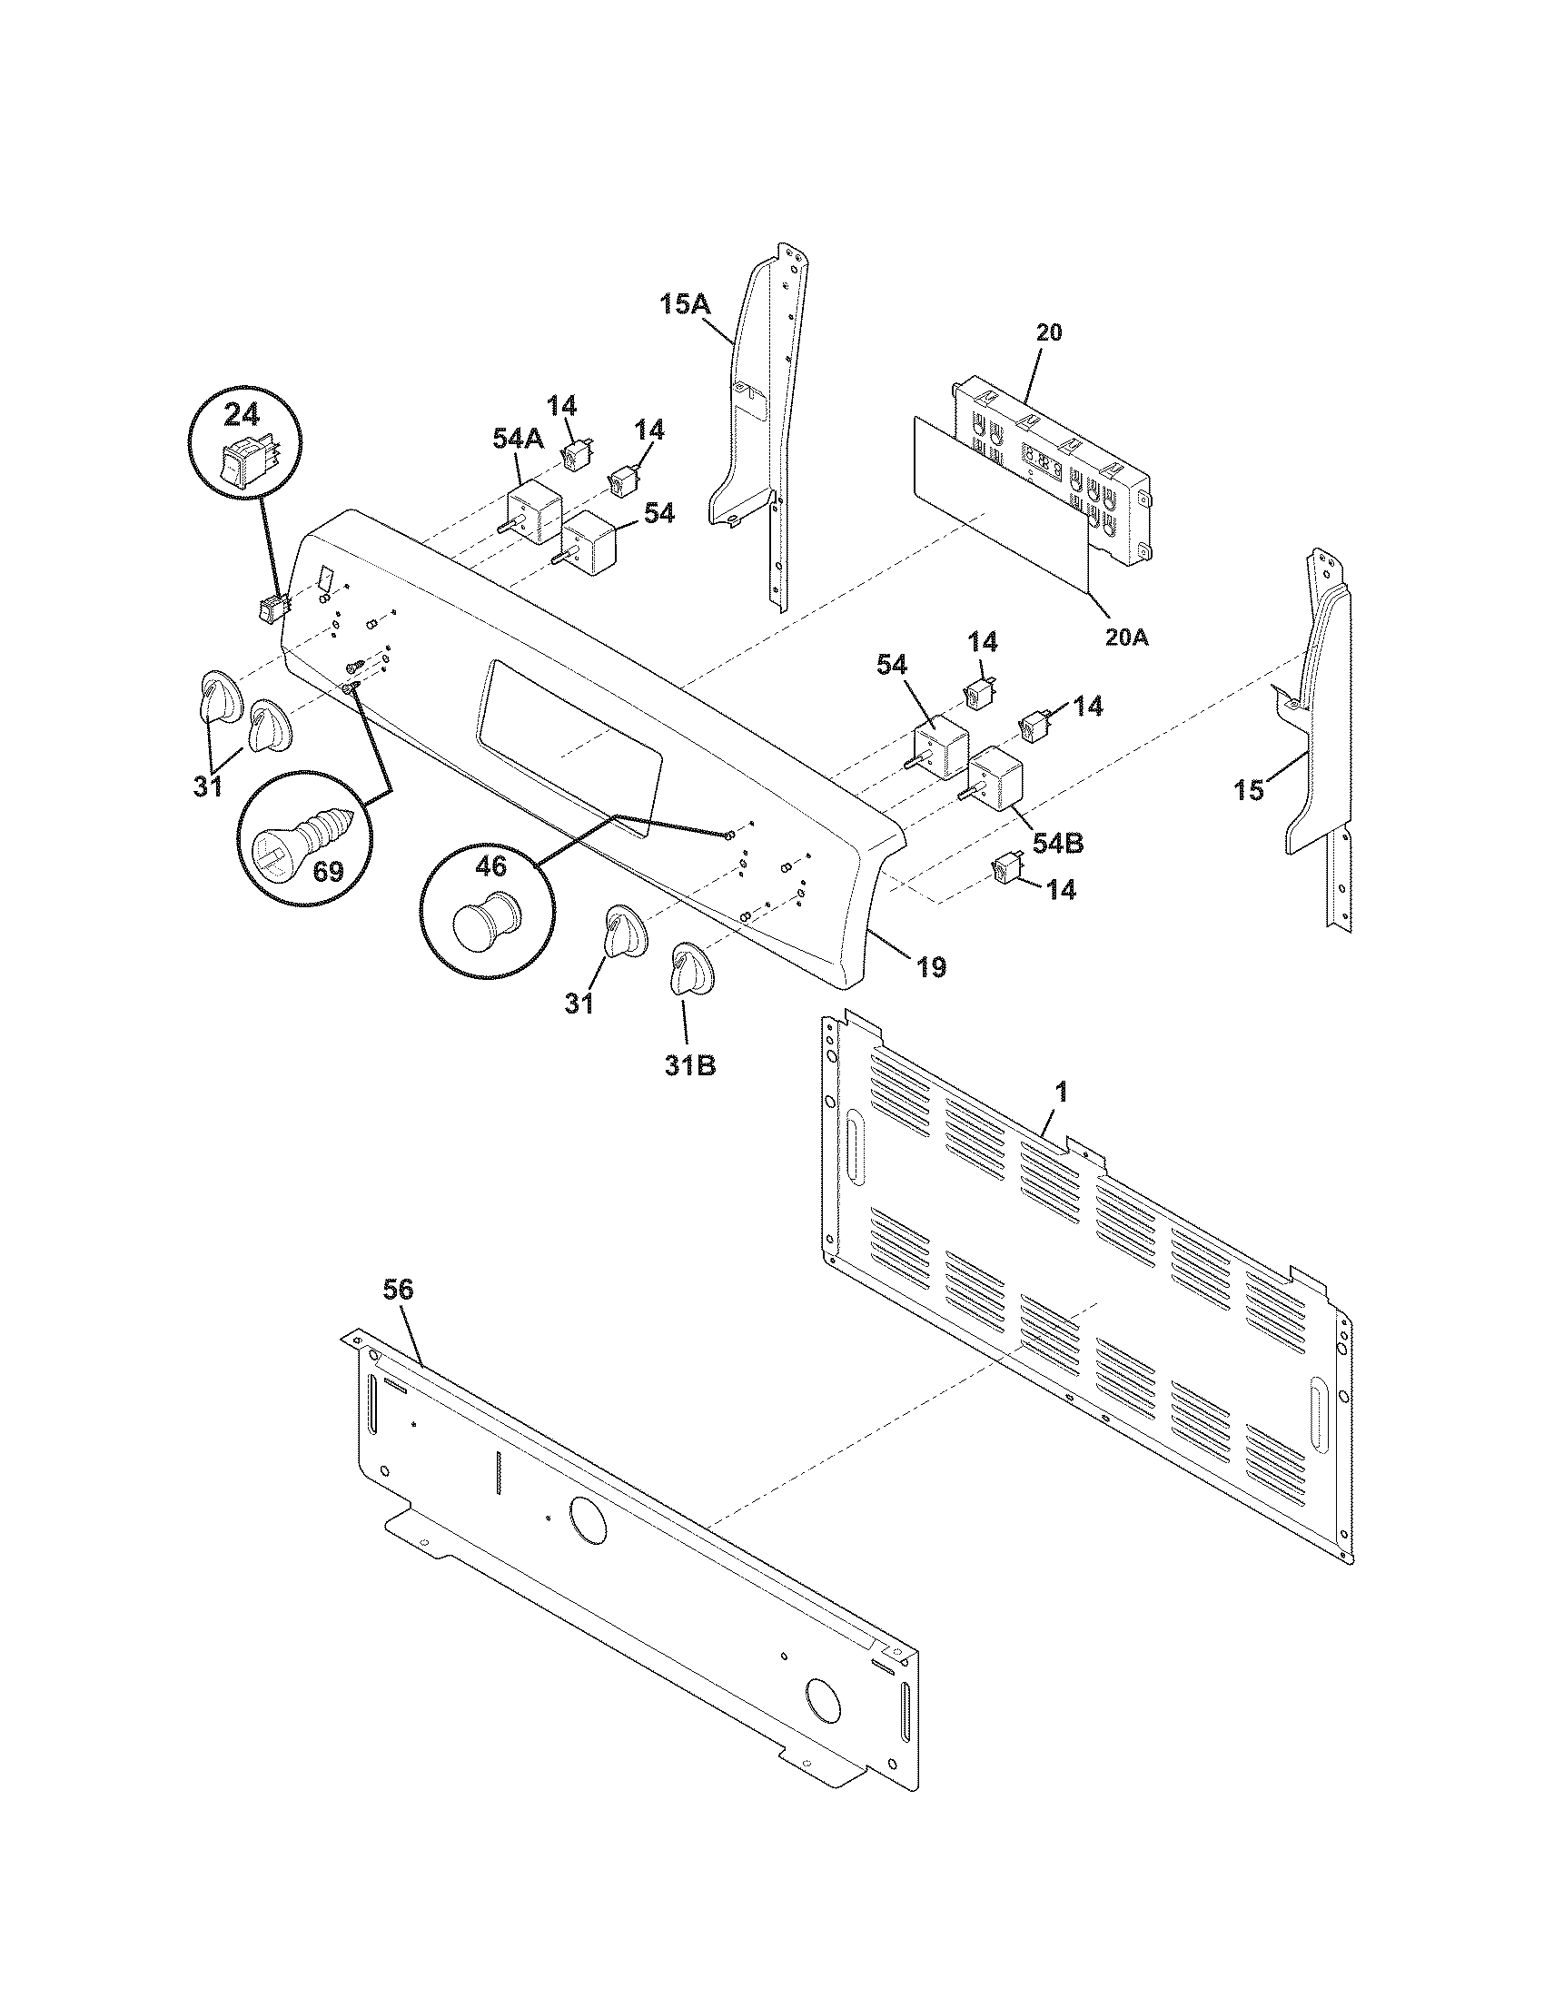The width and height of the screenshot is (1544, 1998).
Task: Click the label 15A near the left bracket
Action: tap(686, 304)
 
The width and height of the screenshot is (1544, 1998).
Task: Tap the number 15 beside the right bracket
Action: tap(1249, 789)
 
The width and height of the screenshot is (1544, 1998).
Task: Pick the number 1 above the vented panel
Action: tap(1060, 1091)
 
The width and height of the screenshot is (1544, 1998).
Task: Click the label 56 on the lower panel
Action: tap(398, 1291)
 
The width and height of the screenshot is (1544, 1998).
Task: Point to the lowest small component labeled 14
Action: tap(1006, 867)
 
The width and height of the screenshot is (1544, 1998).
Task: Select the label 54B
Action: tap(1058, 844)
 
